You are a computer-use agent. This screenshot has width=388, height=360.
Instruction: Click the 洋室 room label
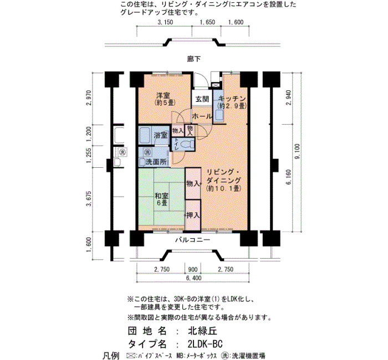[x=163, y=95]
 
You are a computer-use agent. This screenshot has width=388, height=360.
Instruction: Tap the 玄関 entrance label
[x=202, y=99]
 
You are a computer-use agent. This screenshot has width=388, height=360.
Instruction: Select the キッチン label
[x=232, y=99]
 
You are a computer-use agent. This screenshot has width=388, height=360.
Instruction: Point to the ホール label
[x=202, y=116]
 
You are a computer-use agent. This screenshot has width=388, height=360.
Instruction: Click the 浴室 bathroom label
[x=161, y=135]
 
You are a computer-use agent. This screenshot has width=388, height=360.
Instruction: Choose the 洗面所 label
[x=156, y=162]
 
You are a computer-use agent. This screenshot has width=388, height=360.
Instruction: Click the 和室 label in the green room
[x=161, y=196]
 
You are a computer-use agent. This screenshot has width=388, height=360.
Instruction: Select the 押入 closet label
[x=193, y=215]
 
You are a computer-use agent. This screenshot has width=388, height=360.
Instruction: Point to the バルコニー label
[x=193, y=240]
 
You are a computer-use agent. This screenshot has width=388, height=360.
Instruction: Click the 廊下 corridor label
[x=194, y=59]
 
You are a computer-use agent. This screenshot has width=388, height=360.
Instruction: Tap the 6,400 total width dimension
[x=193, y=278]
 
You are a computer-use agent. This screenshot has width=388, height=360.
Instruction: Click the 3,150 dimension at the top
[x=165, y=22]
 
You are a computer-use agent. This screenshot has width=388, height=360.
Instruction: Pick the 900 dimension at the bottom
[x=193, y=269]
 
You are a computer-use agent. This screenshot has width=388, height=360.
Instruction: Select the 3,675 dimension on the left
[x=89, y=198]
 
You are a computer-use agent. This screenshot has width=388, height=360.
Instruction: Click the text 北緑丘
[x=202, y=331]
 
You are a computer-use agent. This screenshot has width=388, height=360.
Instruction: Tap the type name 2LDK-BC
[x=205, y=344]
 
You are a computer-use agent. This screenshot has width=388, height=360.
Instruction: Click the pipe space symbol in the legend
[x=130, y=356]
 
